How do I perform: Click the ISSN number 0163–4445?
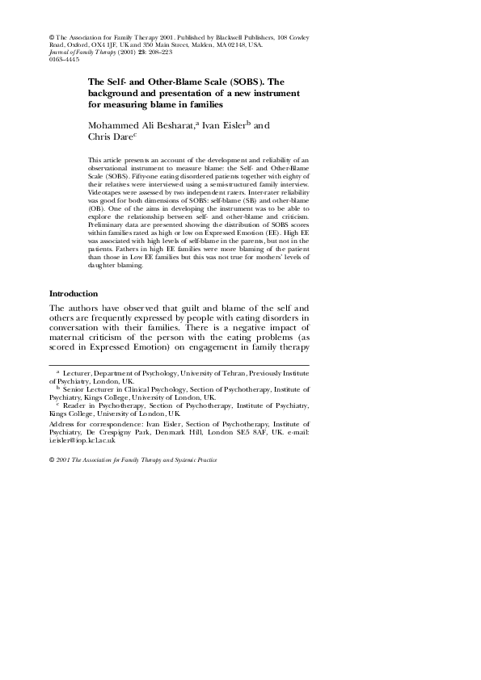click(64, 61)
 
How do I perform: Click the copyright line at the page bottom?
click(133, 460)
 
